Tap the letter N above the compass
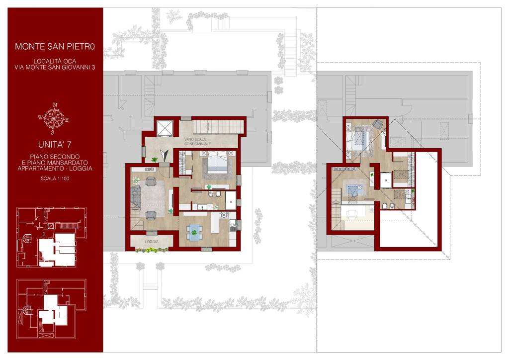pos(55,105)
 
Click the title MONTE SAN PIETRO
pos(55,46)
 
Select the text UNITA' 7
pos(55,145)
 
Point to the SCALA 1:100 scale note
pos(55,178)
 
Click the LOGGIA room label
pos(152,242)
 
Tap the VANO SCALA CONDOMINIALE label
pos(197,141)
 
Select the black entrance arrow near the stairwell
pos(165,155)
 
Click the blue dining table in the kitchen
pos(194,233)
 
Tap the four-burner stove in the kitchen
pos(224,215)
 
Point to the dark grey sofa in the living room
pos(135,197)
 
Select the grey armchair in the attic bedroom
pos(378,124)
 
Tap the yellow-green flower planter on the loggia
pos(152,250)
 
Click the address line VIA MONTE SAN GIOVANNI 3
pos(55,68)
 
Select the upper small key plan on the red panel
pos(52,237)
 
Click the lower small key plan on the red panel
pos(52,309)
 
